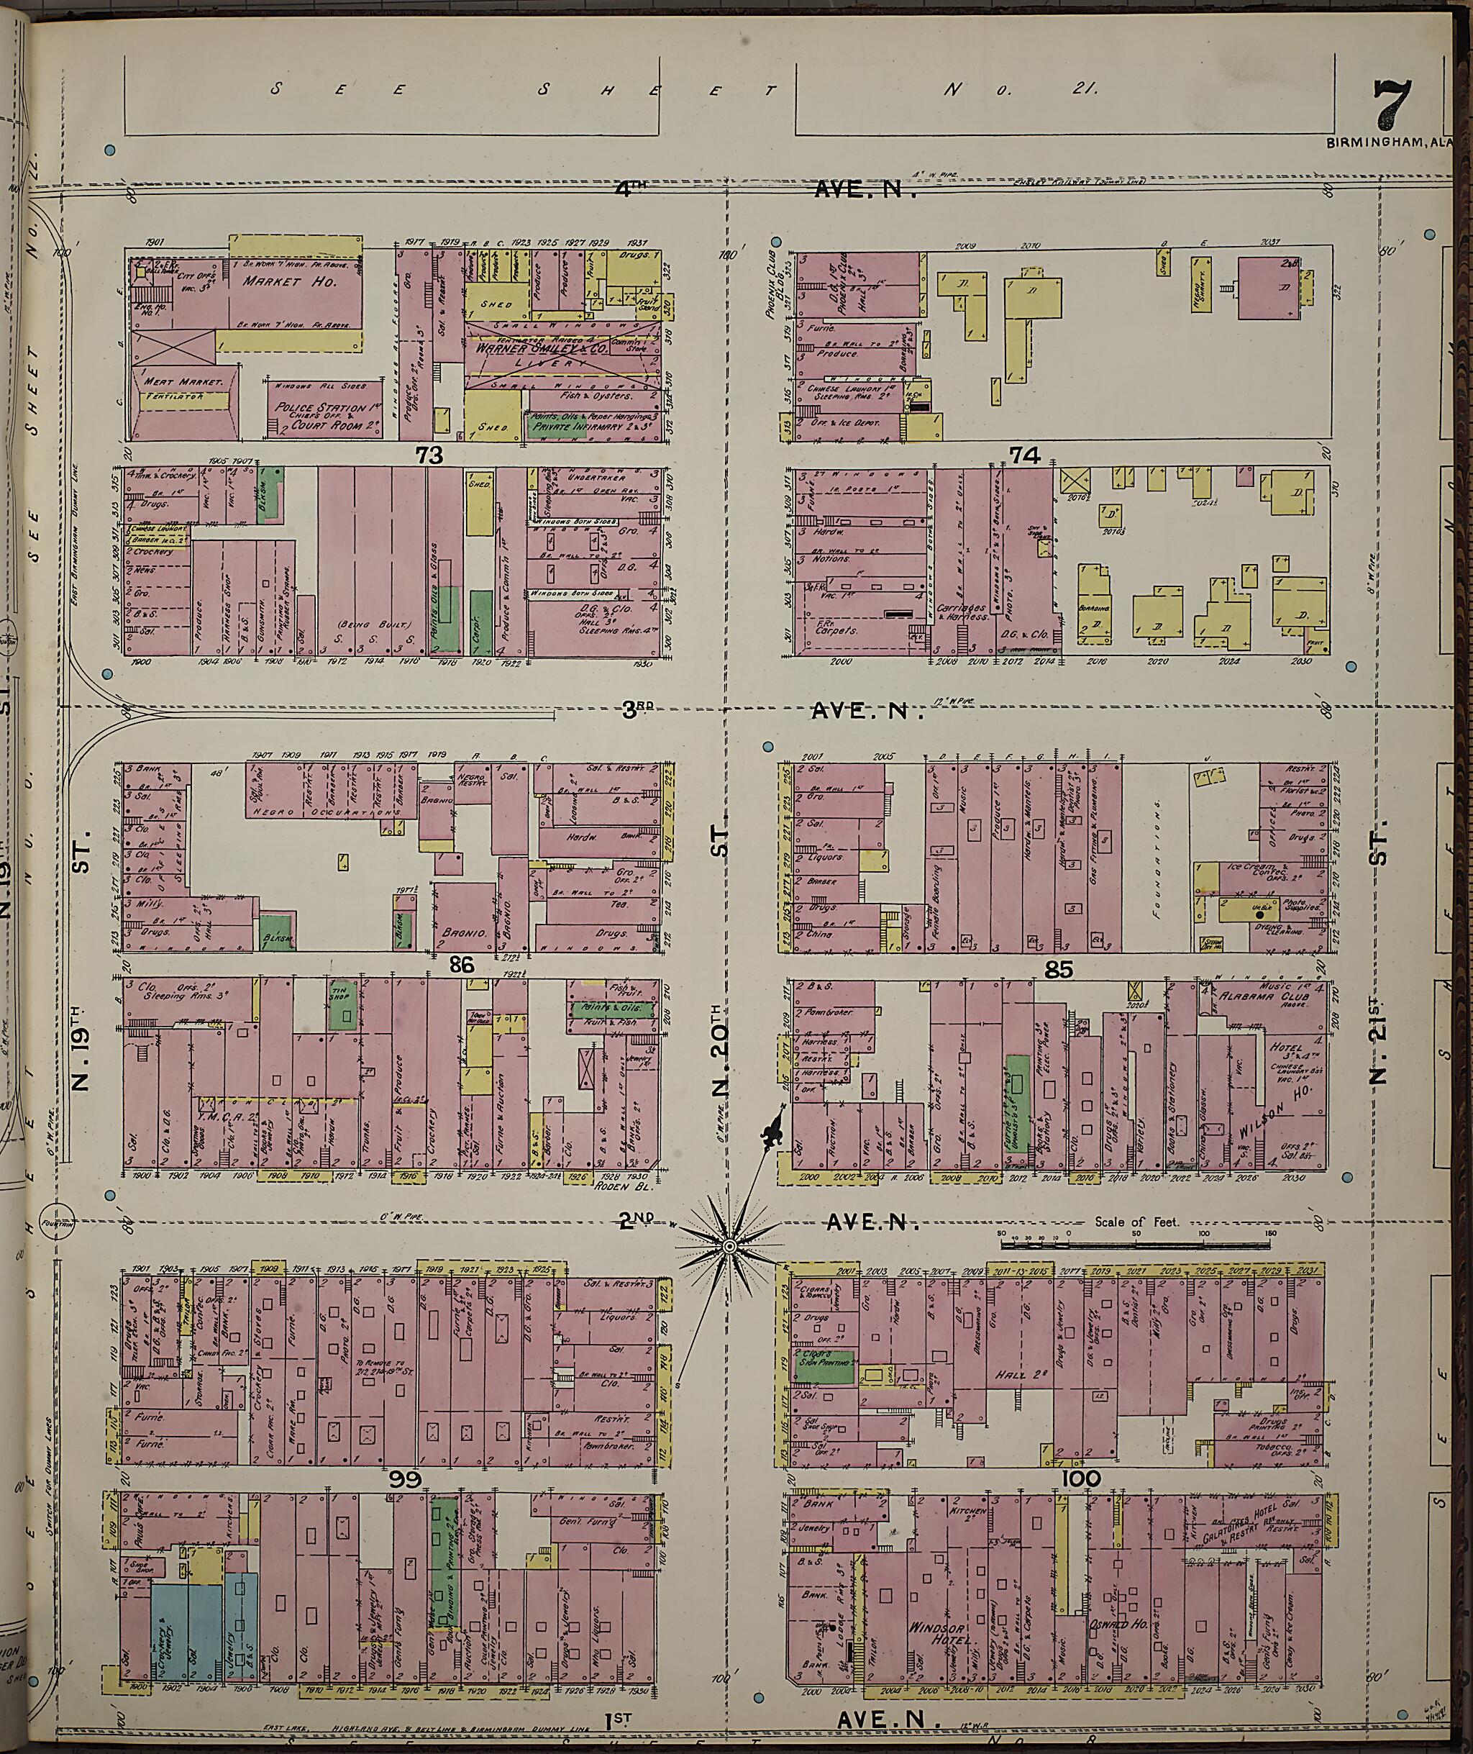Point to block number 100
pos(1082,1479)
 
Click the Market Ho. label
pos(284,281)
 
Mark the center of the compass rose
pos(727,1246)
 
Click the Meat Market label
pos(183,382)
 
